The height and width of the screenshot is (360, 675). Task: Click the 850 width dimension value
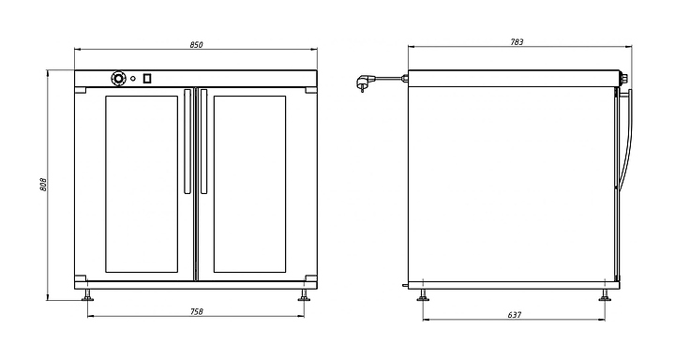click(x=196, y=45)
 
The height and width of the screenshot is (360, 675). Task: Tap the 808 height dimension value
click(x=43, y=185)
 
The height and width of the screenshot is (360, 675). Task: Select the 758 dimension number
click(x=196, y=312)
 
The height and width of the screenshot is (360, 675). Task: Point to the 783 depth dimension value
click(x=517, y=42)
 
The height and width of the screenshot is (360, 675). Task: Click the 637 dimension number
click(x=515, y=315)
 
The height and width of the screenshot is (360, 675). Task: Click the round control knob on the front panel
click(x=117, y=79)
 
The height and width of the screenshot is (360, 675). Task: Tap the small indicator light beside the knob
click(x=133, y=79)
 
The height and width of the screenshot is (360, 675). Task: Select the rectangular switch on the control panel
click(x=147, y=79)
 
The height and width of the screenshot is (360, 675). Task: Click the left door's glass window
click(x=142, y=184)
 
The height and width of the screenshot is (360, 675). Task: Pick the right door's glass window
click(x=249, y=184)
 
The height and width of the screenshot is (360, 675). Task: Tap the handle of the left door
click(x=187, y=142)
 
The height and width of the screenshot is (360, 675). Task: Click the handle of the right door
click(x=203, y=142)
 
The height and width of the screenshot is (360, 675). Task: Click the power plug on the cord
click(x=363, y=82)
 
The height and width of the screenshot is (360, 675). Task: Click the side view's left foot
click(x=423, y=295)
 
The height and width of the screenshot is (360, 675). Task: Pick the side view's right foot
click(x=605, y=295)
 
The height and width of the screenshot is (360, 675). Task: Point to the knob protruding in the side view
click(x=623, y=79)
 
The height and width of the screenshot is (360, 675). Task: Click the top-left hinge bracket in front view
click(x=81, y=90)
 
